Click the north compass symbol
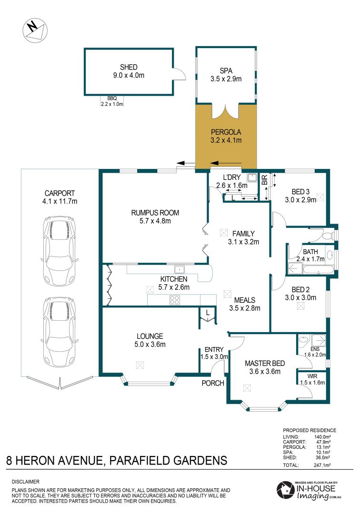pos(35,30)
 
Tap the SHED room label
pos(129,67)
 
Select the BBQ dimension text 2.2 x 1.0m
pos(112,104)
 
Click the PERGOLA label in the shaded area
pos(226,132)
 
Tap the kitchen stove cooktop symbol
pos(174,300)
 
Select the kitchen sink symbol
pos(179,269)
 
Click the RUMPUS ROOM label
pos(155,213)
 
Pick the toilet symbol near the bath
pos(327,236)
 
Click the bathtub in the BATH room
pos(319,270)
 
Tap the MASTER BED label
pos(265,363)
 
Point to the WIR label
pos(312,376)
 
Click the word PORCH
pos(213,383)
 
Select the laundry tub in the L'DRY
pos(252,178)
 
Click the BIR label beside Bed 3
pos(265,179)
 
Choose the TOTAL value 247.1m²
pos(322,465)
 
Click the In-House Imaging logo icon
pos(285,490)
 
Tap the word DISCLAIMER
pos(26,482)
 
